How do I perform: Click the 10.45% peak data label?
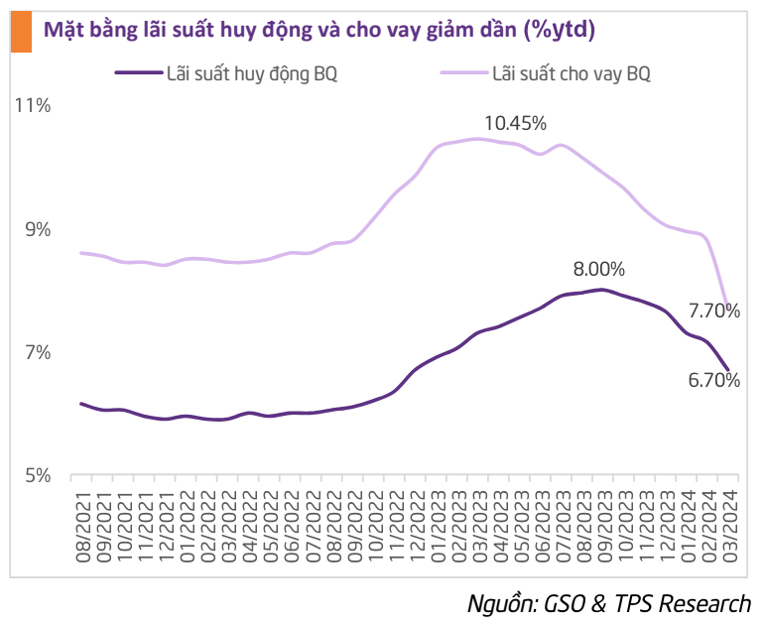coord(515,123)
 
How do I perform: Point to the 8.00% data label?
coord(599,269)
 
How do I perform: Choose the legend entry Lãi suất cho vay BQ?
coord(572,72)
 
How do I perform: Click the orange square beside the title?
coord(18,31)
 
